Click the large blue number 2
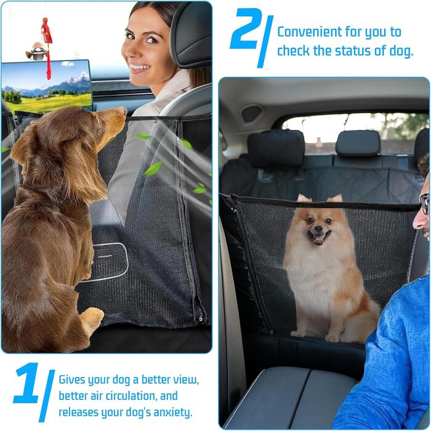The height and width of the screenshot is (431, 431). [x=244, y=29]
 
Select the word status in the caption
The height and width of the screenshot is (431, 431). [x=353, y=50]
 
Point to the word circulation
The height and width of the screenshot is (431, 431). [x=131, y=396]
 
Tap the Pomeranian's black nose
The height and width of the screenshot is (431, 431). [x=318, y=228]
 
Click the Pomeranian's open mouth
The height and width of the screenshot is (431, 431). [x=319, y=238]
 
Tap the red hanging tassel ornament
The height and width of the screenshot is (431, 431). [x=47, y=48]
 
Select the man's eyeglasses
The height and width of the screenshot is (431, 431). [x=425, y=203]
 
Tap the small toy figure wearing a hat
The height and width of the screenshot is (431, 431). [x=36, y=51]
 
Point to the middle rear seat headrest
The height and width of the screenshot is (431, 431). [x=358, y=143]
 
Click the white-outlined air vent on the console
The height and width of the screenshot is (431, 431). [x=110, y=262]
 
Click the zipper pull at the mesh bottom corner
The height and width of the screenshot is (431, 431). [x=201, y=319]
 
